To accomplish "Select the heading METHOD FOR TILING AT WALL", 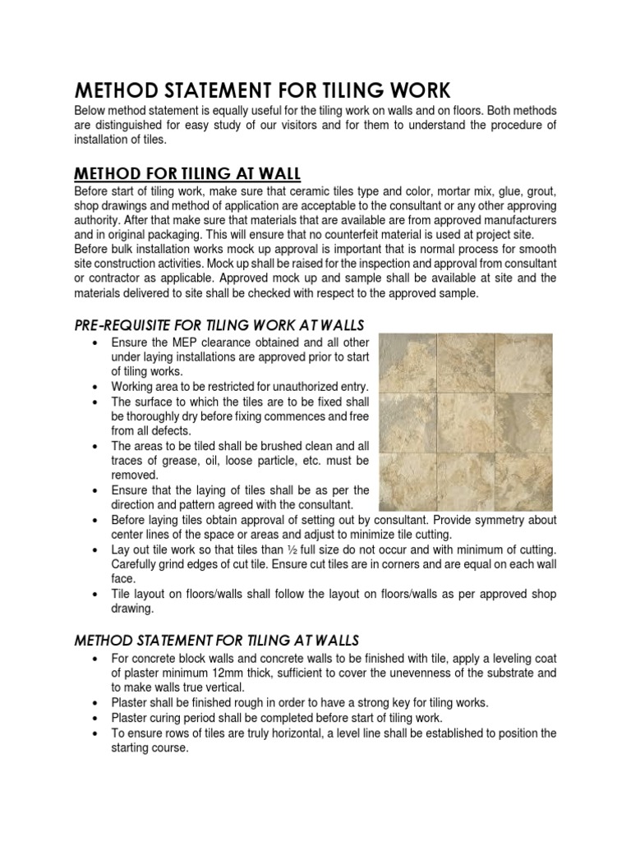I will pos(188,173).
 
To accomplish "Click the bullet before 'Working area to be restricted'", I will pos(97,386).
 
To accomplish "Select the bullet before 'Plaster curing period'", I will pos(97,718).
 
